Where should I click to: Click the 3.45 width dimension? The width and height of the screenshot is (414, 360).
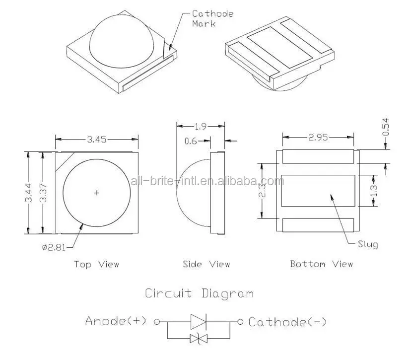tap(97, 140)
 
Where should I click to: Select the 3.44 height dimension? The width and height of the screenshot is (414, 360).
tap(29, 192)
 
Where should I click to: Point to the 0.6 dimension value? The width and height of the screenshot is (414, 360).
tap(191, 141)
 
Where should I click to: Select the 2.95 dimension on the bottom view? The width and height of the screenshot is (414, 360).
tap(318, 137)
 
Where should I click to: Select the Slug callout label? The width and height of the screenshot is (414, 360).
tap(367, 244)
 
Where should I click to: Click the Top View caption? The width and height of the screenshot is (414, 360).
tap(97, 264)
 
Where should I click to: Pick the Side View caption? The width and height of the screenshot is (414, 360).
tap(206, 264)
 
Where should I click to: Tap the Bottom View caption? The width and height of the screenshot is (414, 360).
tap(321, 264)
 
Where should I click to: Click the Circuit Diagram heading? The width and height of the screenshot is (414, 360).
tap(199, 293)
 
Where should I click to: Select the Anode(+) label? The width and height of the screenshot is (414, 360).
tap(116, 321)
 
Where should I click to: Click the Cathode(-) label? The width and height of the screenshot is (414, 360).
tap(287, 322)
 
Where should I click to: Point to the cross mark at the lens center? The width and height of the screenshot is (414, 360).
tap(97, 192)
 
